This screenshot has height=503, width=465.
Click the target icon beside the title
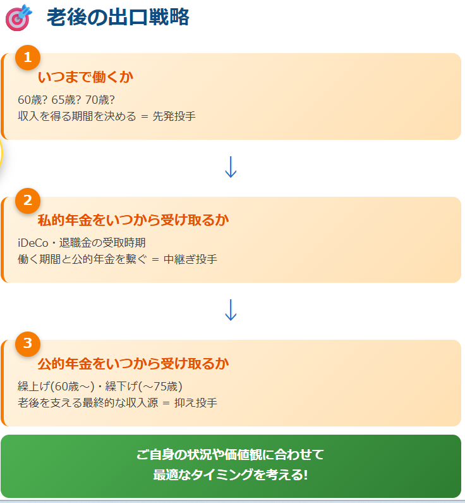[18, 18]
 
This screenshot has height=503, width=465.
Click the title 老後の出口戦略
[118, 18]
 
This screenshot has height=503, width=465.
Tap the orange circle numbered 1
[27, 58]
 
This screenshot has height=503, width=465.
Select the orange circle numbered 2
[27, 201]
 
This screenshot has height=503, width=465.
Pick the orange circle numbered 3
[27, 344]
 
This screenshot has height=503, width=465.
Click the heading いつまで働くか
[85, 77]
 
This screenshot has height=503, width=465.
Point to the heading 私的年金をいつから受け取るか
[133, 220]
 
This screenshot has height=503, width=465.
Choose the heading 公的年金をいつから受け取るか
[133, 364]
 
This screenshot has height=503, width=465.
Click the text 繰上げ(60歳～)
[56, 386]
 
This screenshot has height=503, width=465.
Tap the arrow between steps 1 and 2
[231, 166]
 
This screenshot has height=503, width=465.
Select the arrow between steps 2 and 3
[231, 310]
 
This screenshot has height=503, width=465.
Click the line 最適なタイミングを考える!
[231, 475]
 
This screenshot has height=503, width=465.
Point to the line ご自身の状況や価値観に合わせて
[231, 454]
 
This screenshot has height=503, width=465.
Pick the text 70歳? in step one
[99, 99]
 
